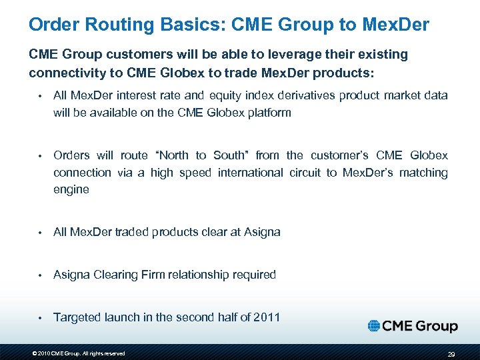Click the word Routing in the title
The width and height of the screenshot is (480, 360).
tap(119, 25)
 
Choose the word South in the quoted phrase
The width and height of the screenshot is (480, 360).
tap(231, 155)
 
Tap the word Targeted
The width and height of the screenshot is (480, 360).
tap(77, 317)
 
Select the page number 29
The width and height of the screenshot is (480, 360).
tap(451, 353)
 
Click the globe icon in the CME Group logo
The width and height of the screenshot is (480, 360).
tap(375, 326)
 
